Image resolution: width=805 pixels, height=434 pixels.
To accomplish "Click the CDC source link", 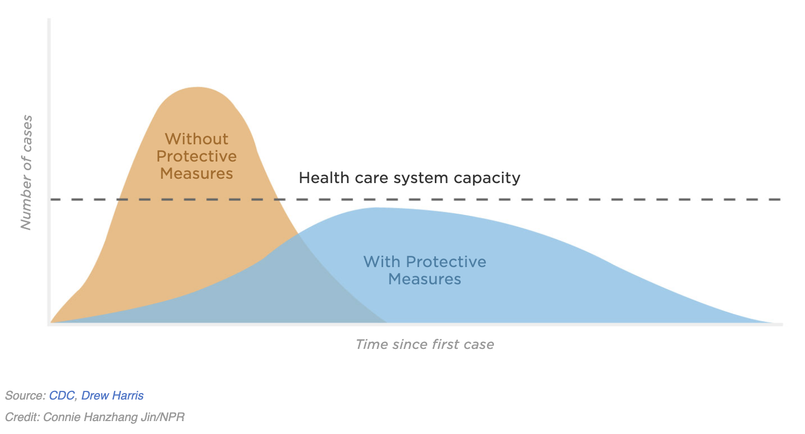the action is click(x=61, y=396).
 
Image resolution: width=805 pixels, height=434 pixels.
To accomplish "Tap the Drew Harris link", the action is click(x=112, y=396).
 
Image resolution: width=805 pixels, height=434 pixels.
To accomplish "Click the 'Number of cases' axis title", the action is click(x=26, y=173).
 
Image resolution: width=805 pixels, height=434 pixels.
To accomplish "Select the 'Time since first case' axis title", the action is click(x=425, y=345).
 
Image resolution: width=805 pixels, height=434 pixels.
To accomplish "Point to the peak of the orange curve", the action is click(x=197, y=87).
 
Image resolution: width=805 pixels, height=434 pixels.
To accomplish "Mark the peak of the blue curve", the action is click(x=376, y=208).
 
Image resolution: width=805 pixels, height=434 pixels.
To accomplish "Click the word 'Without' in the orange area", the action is click(x=196, y=139).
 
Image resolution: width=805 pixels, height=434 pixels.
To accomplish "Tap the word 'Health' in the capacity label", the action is click(x=324, y=178).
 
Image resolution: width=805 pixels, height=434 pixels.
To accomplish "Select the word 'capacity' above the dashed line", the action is click(x=487, y=178).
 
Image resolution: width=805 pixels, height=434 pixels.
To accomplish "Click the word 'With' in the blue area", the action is click(x=382, y=262).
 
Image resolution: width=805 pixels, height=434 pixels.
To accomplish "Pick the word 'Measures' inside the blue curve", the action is click(x=425, y=279).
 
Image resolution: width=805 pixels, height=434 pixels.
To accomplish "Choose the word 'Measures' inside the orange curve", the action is click(x=196, y=174).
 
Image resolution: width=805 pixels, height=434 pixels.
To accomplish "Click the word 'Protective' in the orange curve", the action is click(x=196, y=156).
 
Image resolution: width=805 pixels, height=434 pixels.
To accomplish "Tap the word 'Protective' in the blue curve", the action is click(x=446, y=262).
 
